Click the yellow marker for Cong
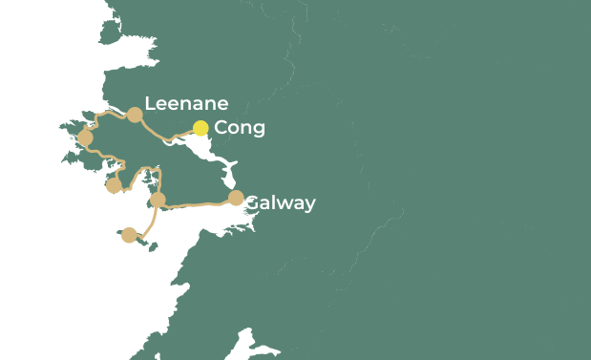click(201, 128)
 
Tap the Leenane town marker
click(135, 115)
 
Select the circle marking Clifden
click(85, 138)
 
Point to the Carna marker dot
click(114, 185)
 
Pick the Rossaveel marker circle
click(158, 200)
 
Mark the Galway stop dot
click(236, 198)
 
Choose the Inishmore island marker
click(129, 235)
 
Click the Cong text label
click(240, 128)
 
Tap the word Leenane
click(186, 103)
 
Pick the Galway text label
click(280, 202)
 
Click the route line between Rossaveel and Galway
click(196, 202)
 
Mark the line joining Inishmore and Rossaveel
click(150, 222)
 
